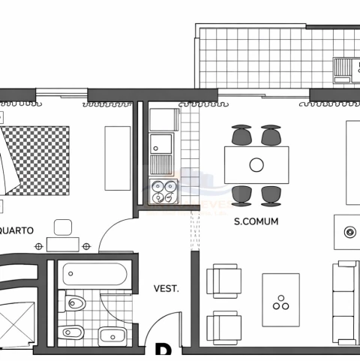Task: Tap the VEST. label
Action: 166,287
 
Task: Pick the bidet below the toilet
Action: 73,332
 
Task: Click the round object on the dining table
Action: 256,165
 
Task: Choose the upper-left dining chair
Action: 241,135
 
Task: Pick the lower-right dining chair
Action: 270,195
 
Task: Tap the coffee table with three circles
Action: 280,299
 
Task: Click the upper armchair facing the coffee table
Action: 224,280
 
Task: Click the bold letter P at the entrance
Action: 162,351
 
